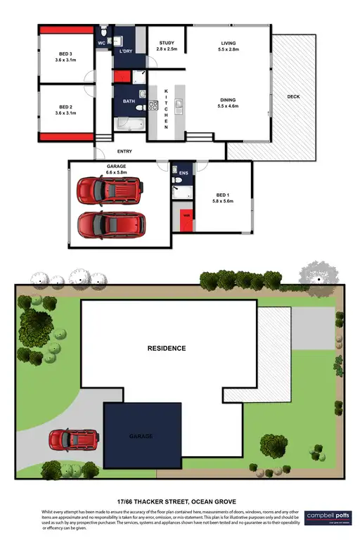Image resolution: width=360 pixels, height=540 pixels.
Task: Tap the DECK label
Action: pos(294,96)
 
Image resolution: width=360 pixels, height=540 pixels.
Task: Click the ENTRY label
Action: pos(124,151)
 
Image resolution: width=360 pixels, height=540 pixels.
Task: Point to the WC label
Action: pos(101,42)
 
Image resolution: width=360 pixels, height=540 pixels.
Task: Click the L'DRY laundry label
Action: pos(127,51)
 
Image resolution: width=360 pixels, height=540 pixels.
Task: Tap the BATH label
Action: pos(129,101)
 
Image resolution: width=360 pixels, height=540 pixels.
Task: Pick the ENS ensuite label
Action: pos(184,172)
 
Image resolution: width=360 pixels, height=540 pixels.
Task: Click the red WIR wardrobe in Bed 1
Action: pos(186,218)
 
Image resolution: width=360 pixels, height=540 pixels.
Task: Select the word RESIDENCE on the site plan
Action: pos(166,348)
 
